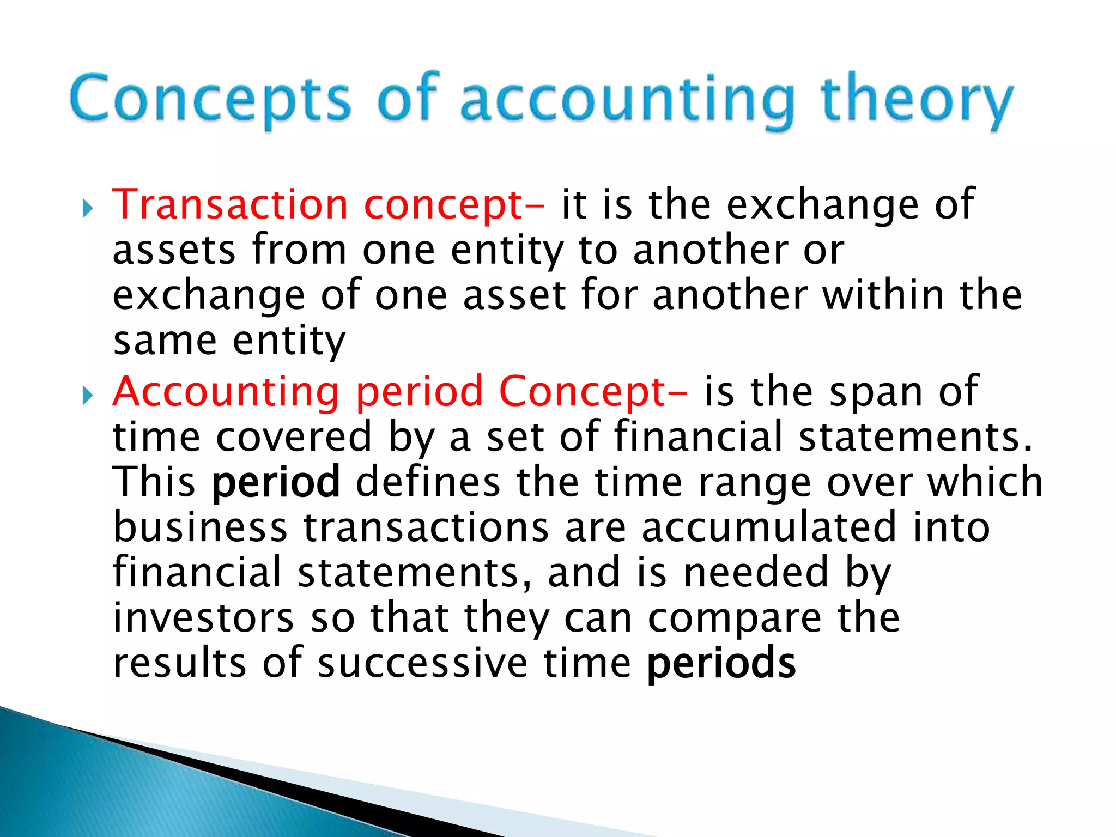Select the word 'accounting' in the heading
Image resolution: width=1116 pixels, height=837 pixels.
click(x=627, y=101)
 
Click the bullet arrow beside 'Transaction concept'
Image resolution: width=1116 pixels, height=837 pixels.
click(x=88, y=208)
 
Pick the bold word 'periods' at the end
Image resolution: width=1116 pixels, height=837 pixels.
click(x=721, y=663)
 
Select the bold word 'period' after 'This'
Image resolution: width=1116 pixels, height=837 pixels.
click(x=276, y=482)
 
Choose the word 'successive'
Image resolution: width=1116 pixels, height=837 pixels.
click(x=422, y=663)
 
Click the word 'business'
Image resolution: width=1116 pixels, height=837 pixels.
click(x=200, y=527)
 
